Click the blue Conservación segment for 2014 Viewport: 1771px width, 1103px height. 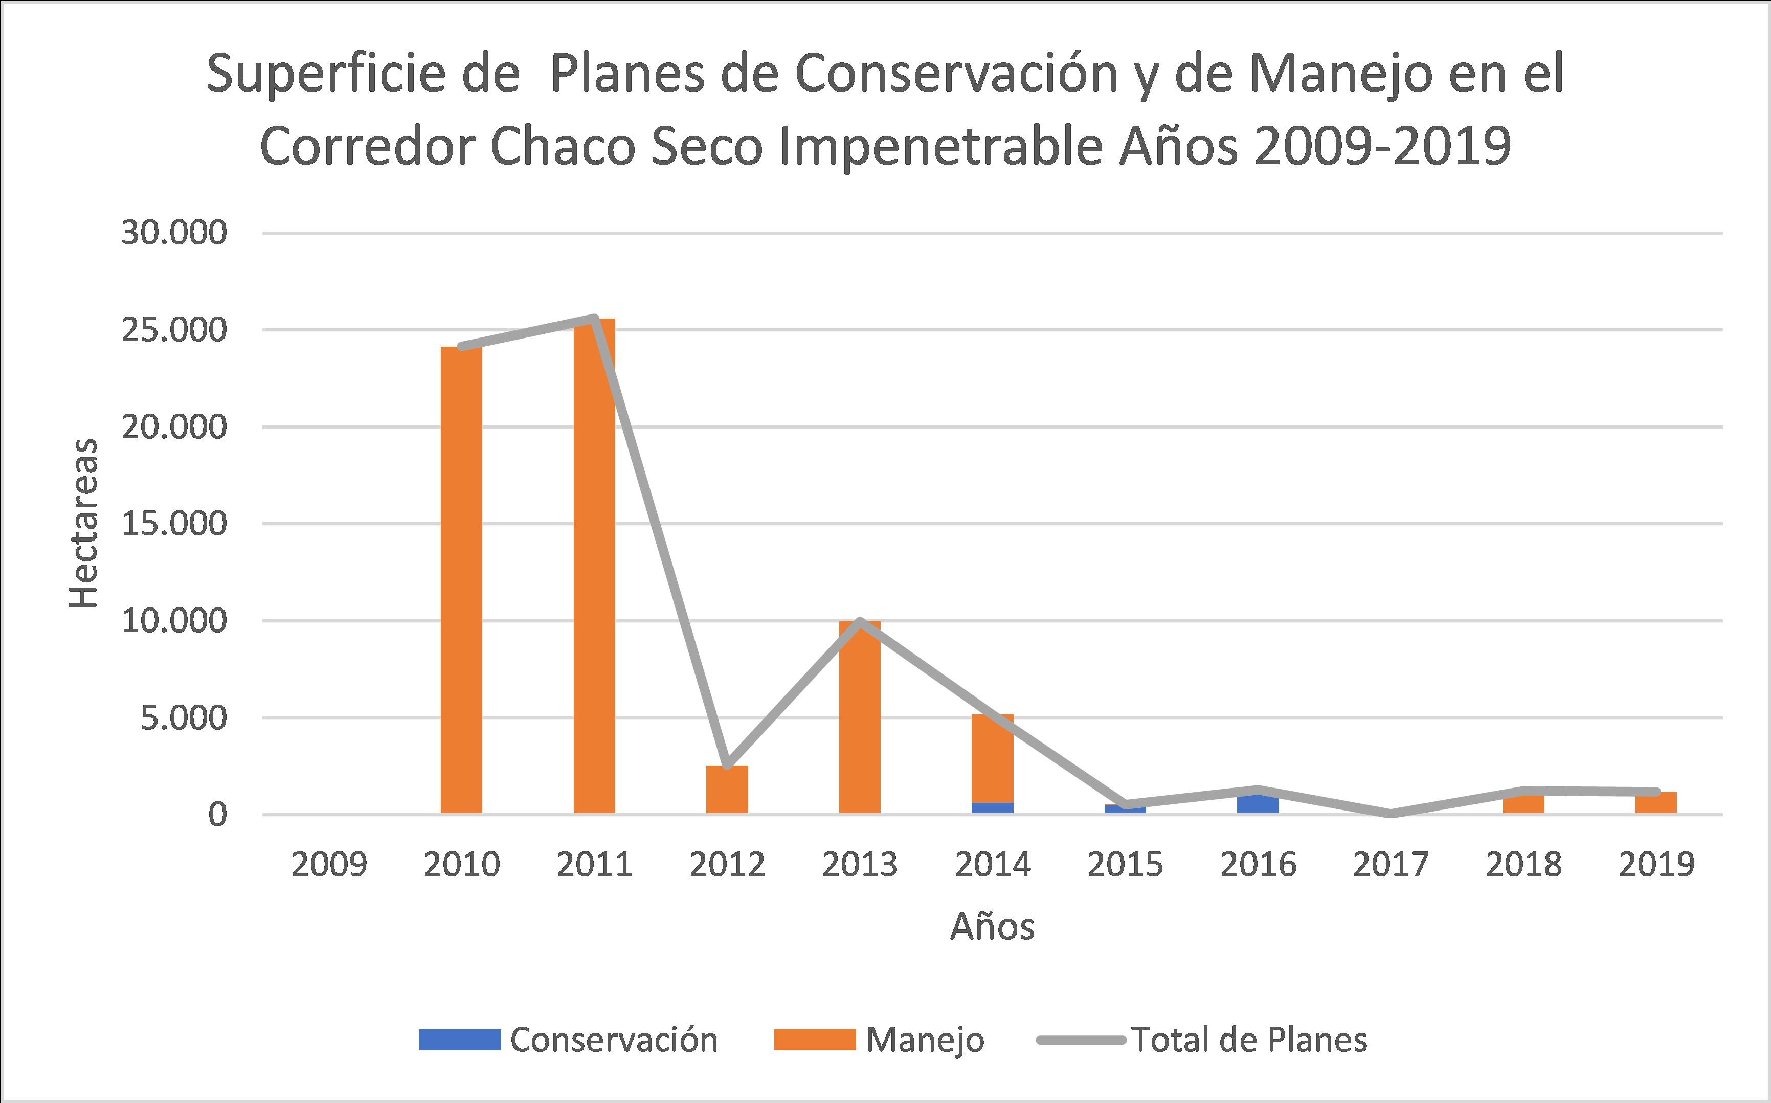[x=992, y=807]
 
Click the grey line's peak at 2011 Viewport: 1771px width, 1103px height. [x=594, y=318]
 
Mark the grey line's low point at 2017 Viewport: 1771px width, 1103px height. [x=1390, y=813]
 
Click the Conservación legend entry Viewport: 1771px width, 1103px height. [x=569, y=1040]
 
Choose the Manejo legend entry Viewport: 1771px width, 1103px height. [x=880, y=1040]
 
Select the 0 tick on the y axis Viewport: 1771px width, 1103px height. [x=217, y=815]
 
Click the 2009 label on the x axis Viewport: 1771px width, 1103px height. [x=329, y=865]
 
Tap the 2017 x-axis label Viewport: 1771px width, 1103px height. [x=1390, y=865]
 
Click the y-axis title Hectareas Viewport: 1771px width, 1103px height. [x=83, y=523]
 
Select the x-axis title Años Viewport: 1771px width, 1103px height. [x=992, y=927]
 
